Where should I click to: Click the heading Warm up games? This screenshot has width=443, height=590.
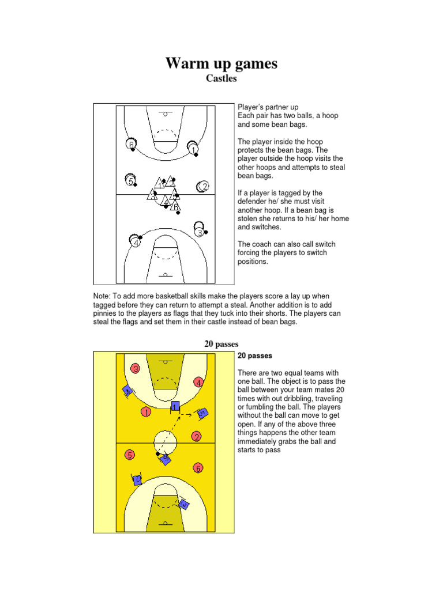[x=221, y=63]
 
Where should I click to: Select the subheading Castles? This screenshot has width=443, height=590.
[x=221, y=79]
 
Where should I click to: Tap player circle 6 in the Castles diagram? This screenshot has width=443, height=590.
[x=132, y=144]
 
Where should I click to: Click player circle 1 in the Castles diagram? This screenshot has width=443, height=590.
[x=193, y=149]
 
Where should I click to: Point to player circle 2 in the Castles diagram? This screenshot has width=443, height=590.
[x=203, y=186]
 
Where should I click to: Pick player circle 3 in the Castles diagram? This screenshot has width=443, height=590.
[x=199, y=232]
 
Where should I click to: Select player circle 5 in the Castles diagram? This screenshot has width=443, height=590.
[x=132, y=181]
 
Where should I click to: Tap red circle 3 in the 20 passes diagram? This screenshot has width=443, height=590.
[x=136, y=368]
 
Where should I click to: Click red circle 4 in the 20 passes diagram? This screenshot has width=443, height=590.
[x=198, y=382]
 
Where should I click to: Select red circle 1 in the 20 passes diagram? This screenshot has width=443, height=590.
[x=147, y=412]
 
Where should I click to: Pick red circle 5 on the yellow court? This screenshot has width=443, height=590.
[x=130, y=455]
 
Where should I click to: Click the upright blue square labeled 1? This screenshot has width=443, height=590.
[x=175, y=407]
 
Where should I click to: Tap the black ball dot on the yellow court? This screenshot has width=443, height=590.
[x=157, y=454]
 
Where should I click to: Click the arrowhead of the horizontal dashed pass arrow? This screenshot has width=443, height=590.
[x=193, y=414]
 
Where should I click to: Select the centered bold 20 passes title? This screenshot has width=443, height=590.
[x=221, y=344]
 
